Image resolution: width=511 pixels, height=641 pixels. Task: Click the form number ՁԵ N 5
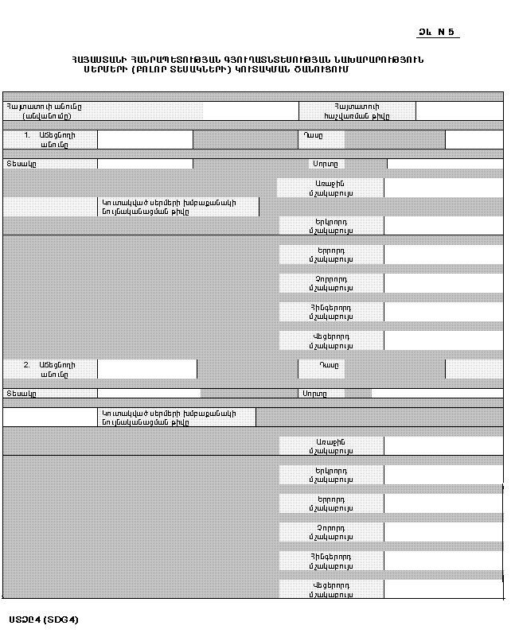click(437, 32)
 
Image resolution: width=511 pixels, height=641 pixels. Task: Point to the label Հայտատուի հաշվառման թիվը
click(357, 111)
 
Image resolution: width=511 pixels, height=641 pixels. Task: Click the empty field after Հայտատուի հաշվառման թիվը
click(459, 111)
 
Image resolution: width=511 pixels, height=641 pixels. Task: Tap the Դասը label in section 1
click(311, 135)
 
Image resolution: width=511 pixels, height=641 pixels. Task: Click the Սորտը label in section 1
click(324, 164)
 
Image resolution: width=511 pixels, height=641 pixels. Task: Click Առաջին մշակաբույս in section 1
click(330, 188)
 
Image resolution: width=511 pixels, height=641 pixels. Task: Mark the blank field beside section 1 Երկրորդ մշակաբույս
click(443, 226)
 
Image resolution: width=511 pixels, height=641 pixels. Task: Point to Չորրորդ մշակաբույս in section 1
click(330, 283)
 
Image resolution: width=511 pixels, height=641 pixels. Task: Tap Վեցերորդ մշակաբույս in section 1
click(330, 341)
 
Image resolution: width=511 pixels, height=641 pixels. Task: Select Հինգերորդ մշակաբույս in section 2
click(330, 561)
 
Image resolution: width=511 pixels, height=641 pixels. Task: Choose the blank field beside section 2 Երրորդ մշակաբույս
click(443, 503)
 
